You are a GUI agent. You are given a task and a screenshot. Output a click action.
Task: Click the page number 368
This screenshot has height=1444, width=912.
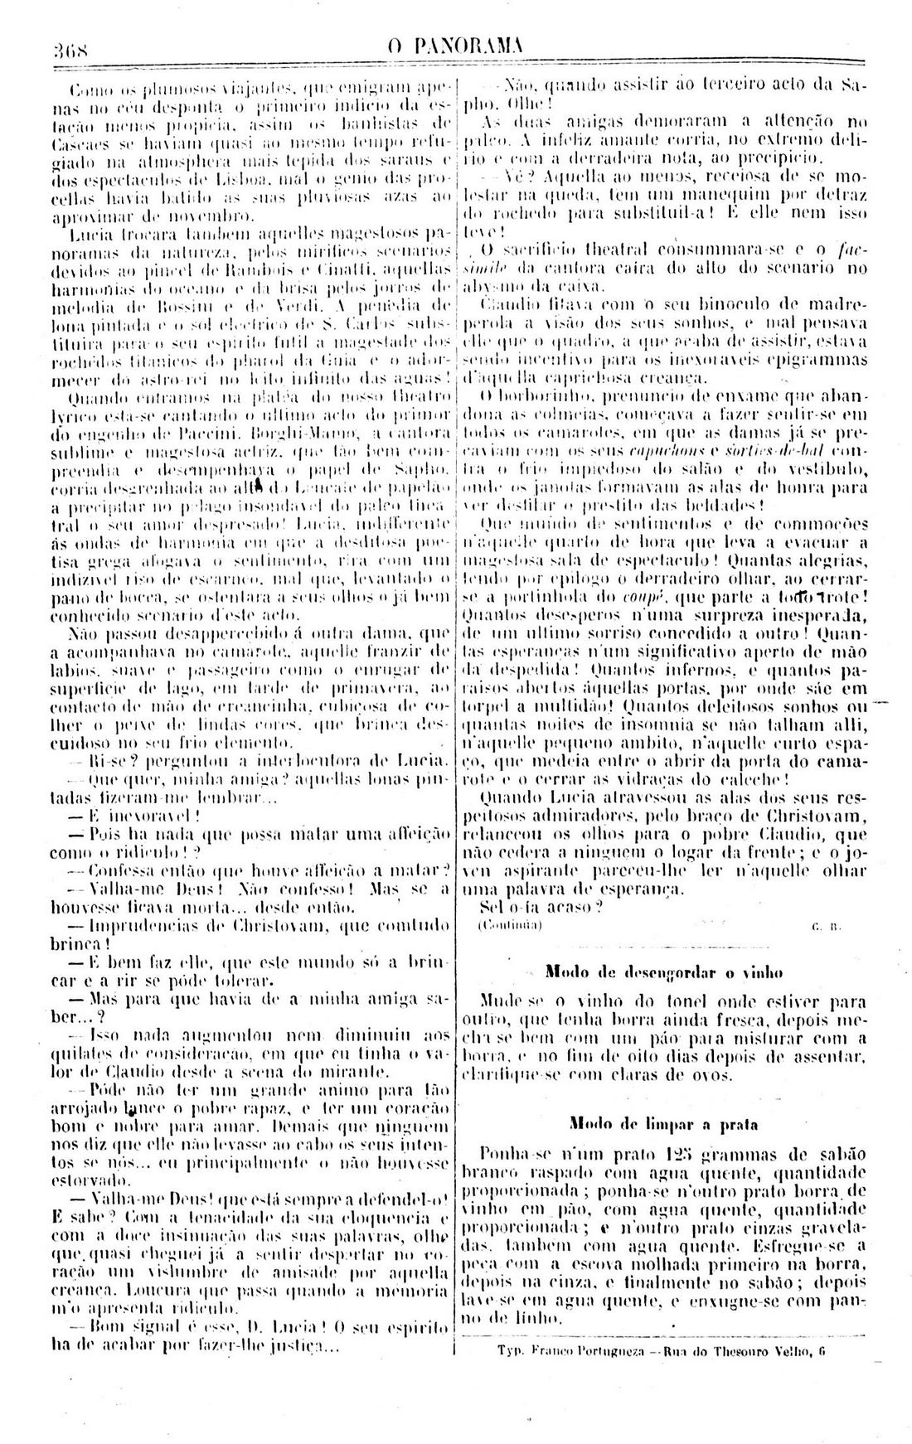click(71, 48)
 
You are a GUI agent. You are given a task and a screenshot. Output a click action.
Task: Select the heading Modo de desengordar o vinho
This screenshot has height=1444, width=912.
click(666, 972)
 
